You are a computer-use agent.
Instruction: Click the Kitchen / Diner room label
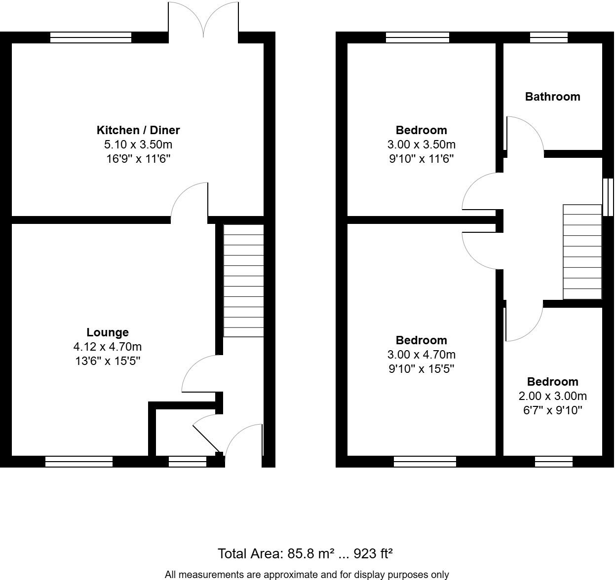pos(138,130)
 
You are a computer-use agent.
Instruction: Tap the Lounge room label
pos(108,332)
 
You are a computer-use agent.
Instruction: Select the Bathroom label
pos(552,97)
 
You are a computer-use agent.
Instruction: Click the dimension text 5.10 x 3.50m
pos(138,145)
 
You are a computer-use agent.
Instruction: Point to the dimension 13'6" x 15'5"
pos(108,361)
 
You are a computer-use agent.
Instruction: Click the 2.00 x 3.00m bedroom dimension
pos(552,396)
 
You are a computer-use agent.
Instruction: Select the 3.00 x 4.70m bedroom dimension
pos(421,355)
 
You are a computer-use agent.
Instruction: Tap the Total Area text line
pos(305,553)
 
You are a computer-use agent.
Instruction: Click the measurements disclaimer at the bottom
pos(307,575)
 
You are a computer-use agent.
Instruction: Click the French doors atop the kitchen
pos(203,20)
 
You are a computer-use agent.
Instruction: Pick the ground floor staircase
pos(243,281)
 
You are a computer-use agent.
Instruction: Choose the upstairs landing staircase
pos(582,252)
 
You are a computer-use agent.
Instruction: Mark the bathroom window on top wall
pos(548,37)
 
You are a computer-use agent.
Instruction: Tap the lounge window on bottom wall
pos(79,462)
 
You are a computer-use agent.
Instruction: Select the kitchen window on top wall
pos(91,37)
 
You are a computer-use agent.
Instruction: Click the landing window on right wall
pos(608,197)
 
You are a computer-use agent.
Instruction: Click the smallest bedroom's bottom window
pos(553,462)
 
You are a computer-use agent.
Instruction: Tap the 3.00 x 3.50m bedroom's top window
pos(417,37)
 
